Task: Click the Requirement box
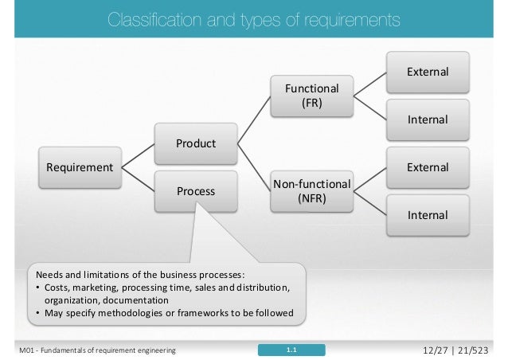coord(79,167)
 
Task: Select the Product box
coord(196,144)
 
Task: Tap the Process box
coord(196,192)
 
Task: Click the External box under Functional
coord(427,72)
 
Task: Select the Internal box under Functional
coord(427,120)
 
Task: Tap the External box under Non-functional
coord(427,168)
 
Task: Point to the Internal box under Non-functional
coord(427,215)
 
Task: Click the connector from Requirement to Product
coord(139,156)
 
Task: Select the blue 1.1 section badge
coord(291,350)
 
